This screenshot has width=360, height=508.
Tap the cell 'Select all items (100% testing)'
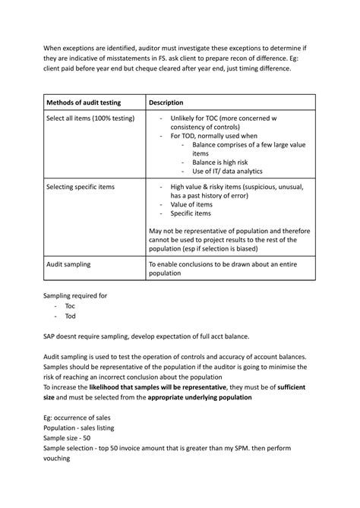tap(91, 119)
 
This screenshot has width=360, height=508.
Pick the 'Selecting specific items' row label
tap(78, 187)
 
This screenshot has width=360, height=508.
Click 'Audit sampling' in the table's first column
tap(68, 265)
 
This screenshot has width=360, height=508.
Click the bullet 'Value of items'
tap(191, 205)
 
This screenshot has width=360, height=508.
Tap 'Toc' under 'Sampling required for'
tap(70, 306)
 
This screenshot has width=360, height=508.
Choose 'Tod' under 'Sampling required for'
tap(70, 316)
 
